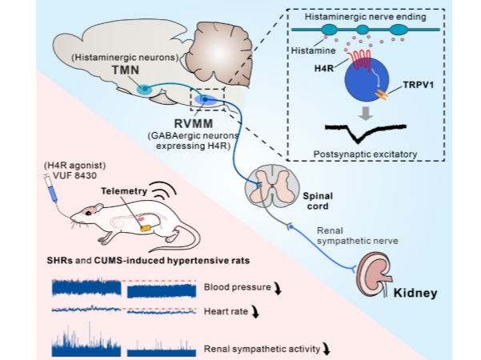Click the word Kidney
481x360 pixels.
point(415,293)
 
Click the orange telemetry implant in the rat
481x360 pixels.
point(145,227)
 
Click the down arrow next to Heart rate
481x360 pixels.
point(255,314)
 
